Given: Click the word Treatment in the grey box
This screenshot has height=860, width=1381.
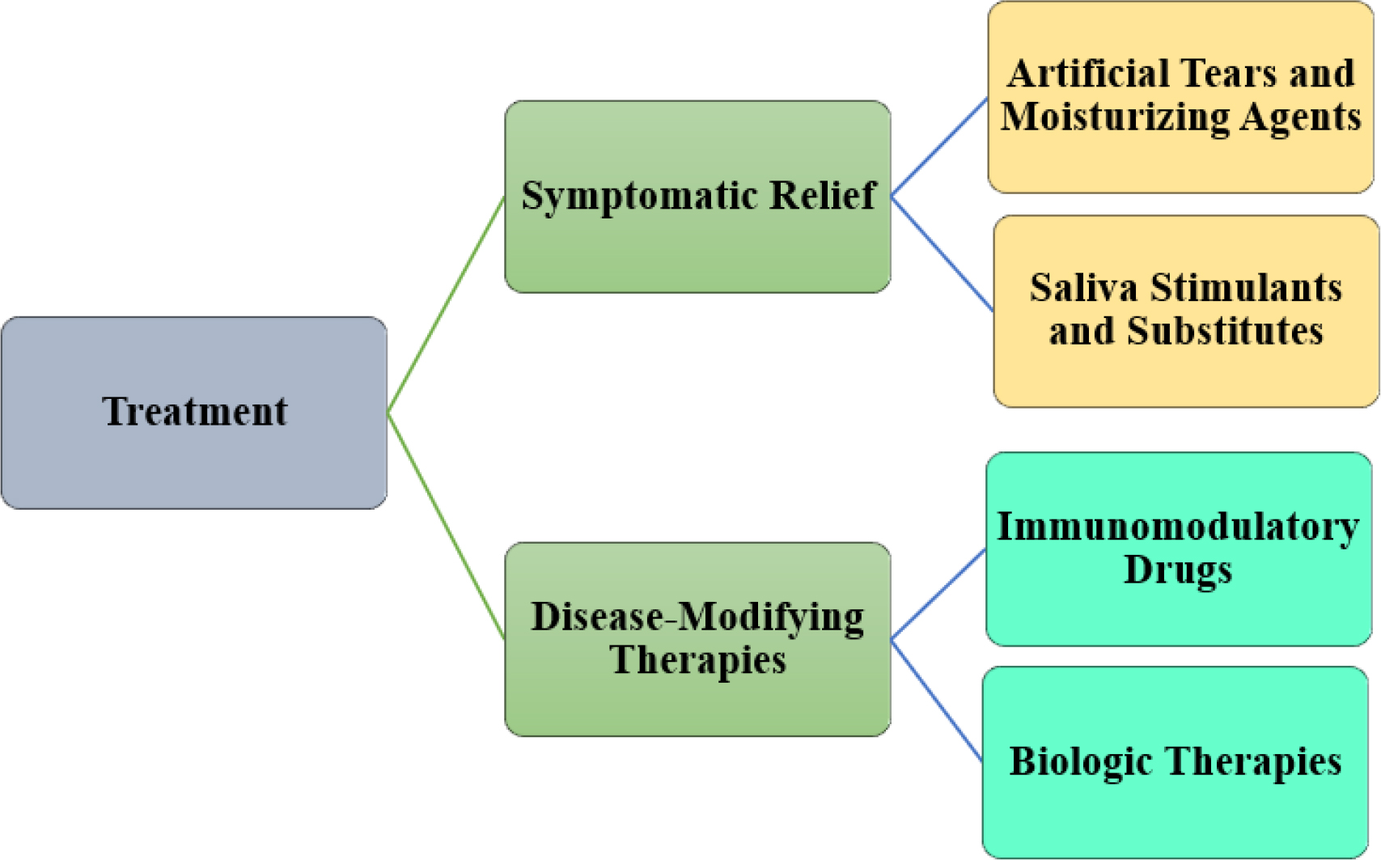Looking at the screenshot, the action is (x=195, y=411).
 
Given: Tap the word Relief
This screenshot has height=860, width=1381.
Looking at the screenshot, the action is (x=823, y=196).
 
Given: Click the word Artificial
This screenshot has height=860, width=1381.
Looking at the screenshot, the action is (x=1081, y=74).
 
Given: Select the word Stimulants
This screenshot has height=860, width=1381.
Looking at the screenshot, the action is (x=1246, y=287).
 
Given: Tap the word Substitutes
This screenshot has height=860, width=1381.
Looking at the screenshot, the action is (x=1226, y=330).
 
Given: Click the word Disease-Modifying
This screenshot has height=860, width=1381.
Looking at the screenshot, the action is (x=697, y=618).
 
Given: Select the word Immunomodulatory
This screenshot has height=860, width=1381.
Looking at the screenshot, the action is (x=1178, y=527).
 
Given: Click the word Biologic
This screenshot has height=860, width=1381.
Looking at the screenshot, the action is (x=1081, y=762).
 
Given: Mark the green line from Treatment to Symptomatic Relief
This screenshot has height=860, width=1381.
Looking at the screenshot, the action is (x=446, y=304).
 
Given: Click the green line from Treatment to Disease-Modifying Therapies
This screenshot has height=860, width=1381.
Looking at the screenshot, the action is (x=446, y=526).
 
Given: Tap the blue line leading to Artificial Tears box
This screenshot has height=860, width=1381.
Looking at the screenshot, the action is (x=939, y=146).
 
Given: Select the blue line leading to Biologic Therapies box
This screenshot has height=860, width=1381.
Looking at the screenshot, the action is (x=937, y=701).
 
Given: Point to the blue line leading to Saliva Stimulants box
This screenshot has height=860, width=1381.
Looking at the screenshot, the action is (x=942, y=253).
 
